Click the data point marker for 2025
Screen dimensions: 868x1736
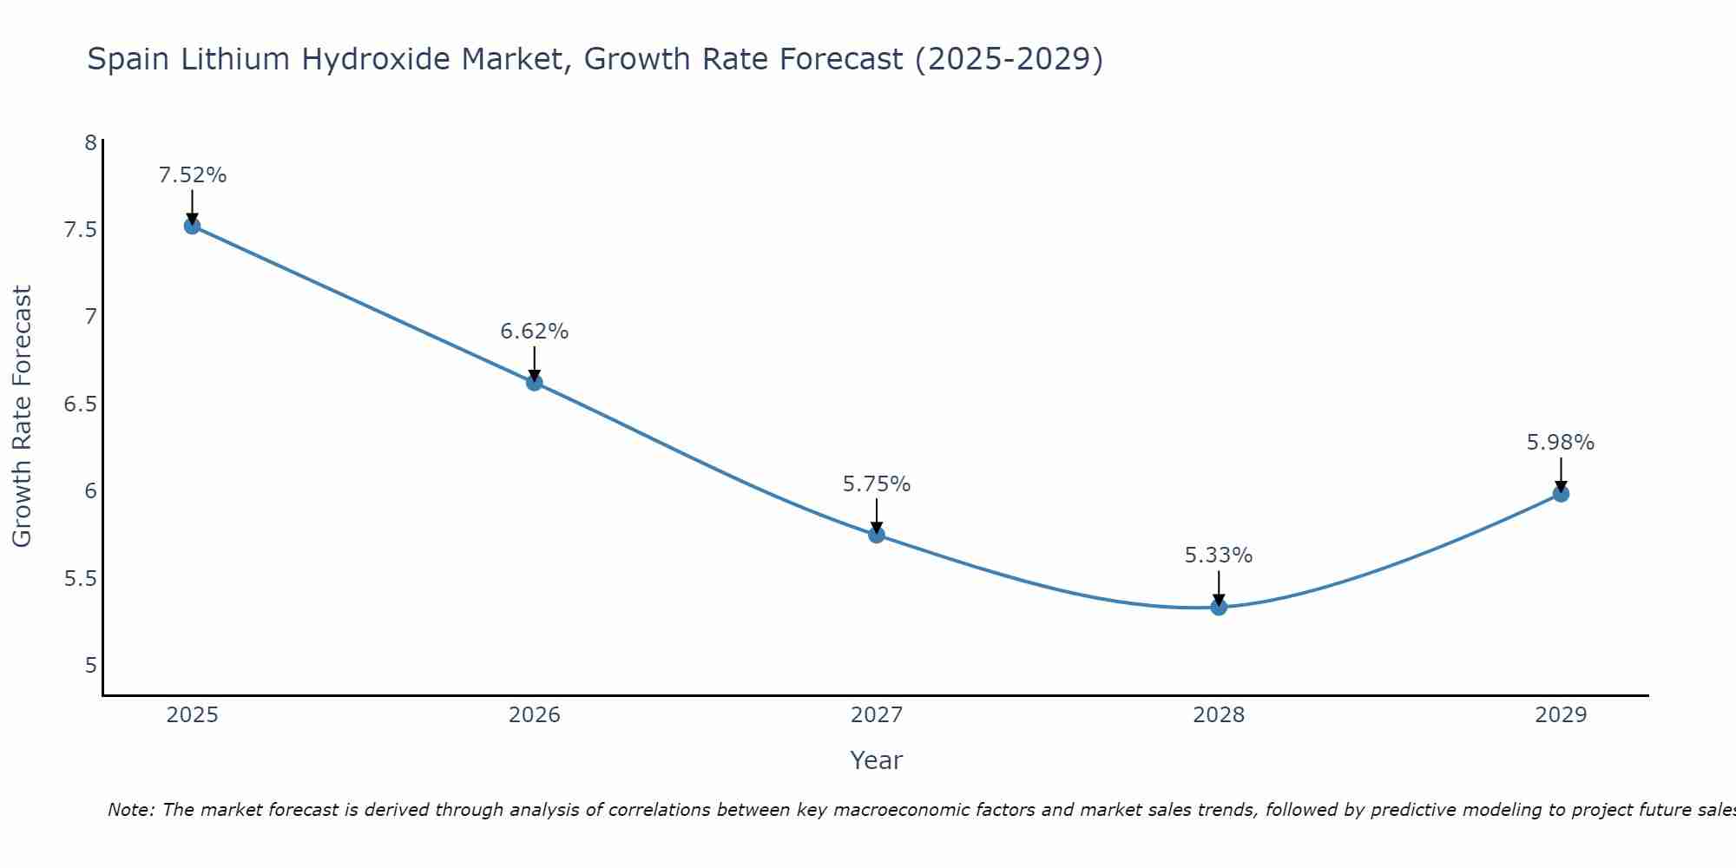click(x=192, y=226)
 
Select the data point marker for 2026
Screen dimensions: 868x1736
click(x=534, y=382)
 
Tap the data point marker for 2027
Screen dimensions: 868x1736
click(x=876, y=534)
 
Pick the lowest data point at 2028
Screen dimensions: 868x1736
click(x=1219, y=607)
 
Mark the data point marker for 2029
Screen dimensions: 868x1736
click(x=1561, y=494)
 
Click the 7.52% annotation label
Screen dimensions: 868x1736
click(x=192, y=175)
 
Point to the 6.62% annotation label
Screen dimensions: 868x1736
click(x=534, y=332)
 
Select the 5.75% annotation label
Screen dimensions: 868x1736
click(x=876, y=484)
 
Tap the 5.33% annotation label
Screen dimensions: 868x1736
click(x=1219, y=556)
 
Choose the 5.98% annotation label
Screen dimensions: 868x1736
click(x=1561, y=443)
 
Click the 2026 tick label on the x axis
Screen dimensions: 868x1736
click(x=534, y=715)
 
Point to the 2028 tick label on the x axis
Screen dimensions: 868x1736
click(x=1219, y=715)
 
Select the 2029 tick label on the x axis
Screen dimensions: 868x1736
click(x=1561, y=715)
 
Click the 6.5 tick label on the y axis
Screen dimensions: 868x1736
click(x=81, y=404)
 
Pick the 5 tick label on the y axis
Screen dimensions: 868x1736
click(x=90, y=666)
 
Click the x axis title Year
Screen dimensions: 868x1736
click(x=876, y=760)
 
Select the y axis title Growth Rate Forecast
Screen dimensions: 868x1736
click(x=22, y=416)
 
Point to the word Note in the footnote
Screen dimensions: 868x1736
click(x=130, y=810)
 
